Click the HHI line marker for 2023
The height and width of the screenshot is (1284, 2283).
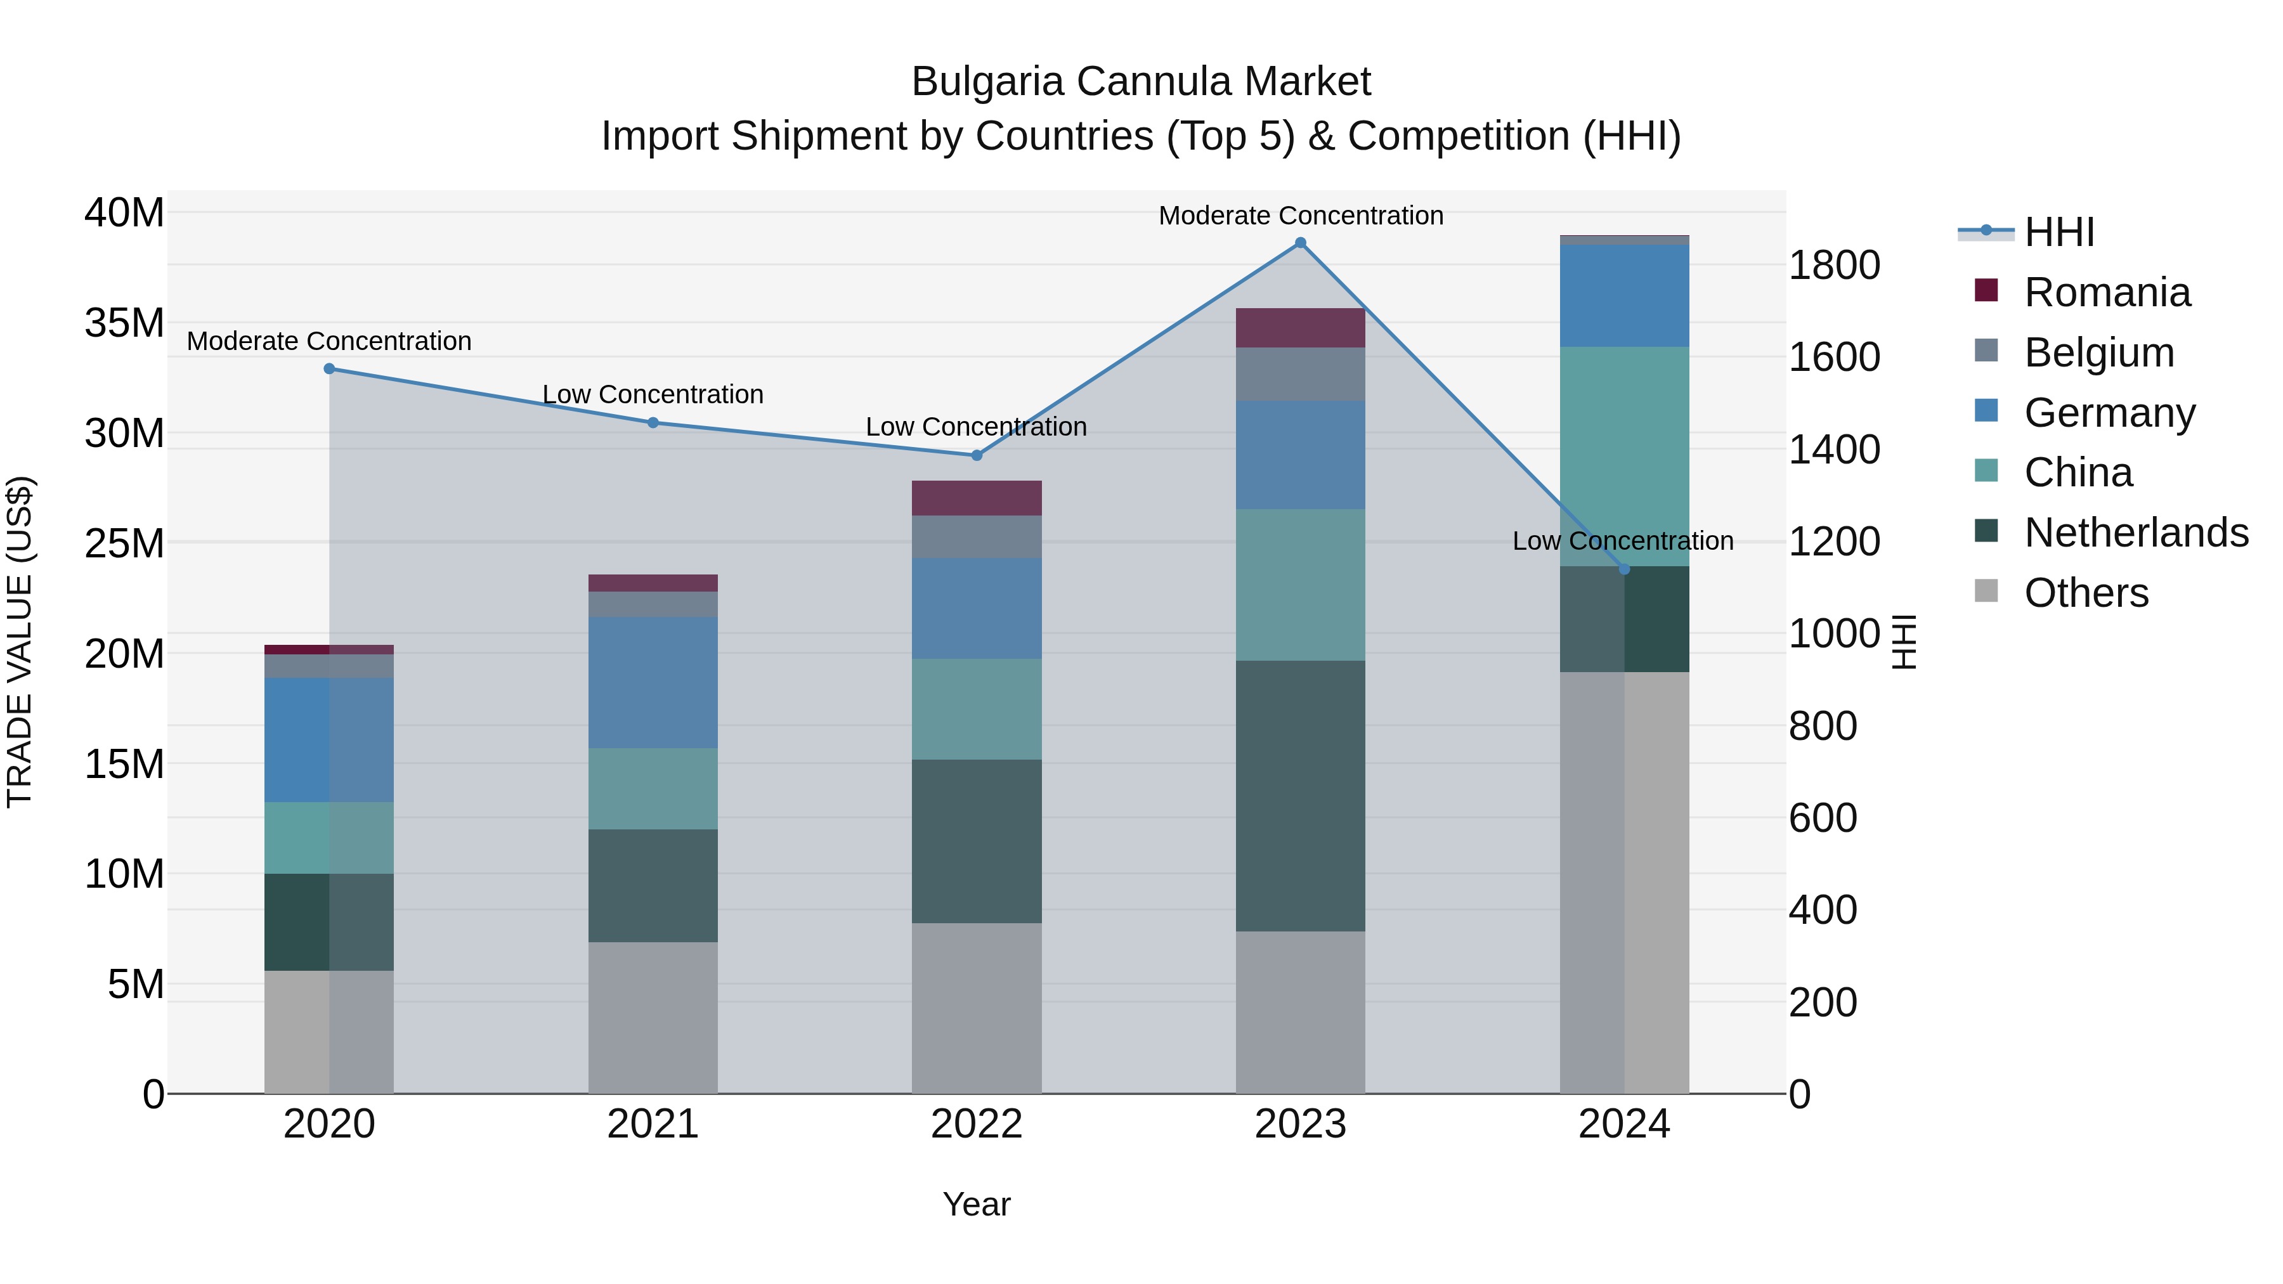[1300, 243]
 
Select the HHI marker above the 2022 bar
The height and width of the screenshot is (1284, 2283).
[977, 455]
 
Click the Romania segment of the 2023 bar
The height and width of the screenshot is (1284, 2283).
[1300, 328]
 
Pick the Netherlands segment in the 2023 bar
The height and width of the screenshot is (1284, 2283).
[1300, 795]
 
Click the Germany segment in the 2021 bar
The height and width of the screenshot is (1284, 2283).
[653, 682]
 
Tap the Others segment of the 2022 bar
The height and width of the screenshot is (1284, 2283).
[977, 1008]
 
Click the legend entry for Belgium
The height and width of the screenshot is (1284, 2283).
[2098, 353]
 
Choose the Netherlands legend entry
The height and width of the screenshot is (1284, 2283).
[2136, 533]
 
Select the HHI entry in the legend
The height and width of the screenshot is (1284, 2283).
[2059, 232]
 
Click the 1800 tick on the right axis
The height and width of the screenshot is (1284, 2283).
[1833, 265]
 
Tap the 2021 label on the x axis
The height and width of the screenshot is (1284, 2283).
[653, 1124]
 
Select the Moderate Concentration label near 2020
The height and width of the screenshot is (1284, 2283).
[328, 341]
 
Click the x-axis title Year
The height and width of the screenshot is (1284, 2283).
[976, 1204]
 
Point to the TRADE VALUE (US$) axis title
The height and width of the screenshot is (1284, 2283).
[20, 642]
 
